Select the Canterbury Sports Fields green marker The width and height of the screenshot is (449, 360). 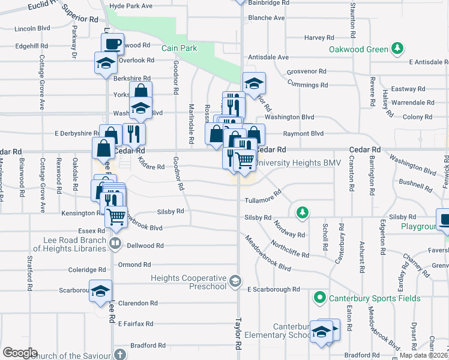(319, 297)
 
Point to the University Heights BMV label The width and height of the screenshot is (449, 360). (298, 163)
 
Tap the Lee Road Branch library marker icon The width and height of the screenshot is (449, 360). (115, 244)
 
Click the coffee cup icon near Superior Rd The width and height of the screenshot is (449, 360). (112, 43)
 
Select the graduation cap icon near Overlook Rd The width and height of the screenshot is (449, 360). (105, 62)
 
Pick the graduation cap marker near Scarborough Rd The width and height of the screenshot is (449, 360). (100, 290)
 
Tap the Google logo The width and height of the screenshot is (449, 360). (20, 353)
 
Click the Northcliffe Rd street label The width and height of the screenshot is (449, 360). (290, 250)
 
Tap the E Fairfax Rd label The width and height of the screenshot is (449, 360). (136, 323)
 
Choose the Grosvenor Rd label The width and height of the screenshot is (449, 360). (306, 71)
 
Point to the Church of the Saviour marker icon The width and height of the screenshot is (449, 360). (120, 355)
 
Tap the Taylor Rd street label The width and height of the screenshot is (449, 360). (238, 335)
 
